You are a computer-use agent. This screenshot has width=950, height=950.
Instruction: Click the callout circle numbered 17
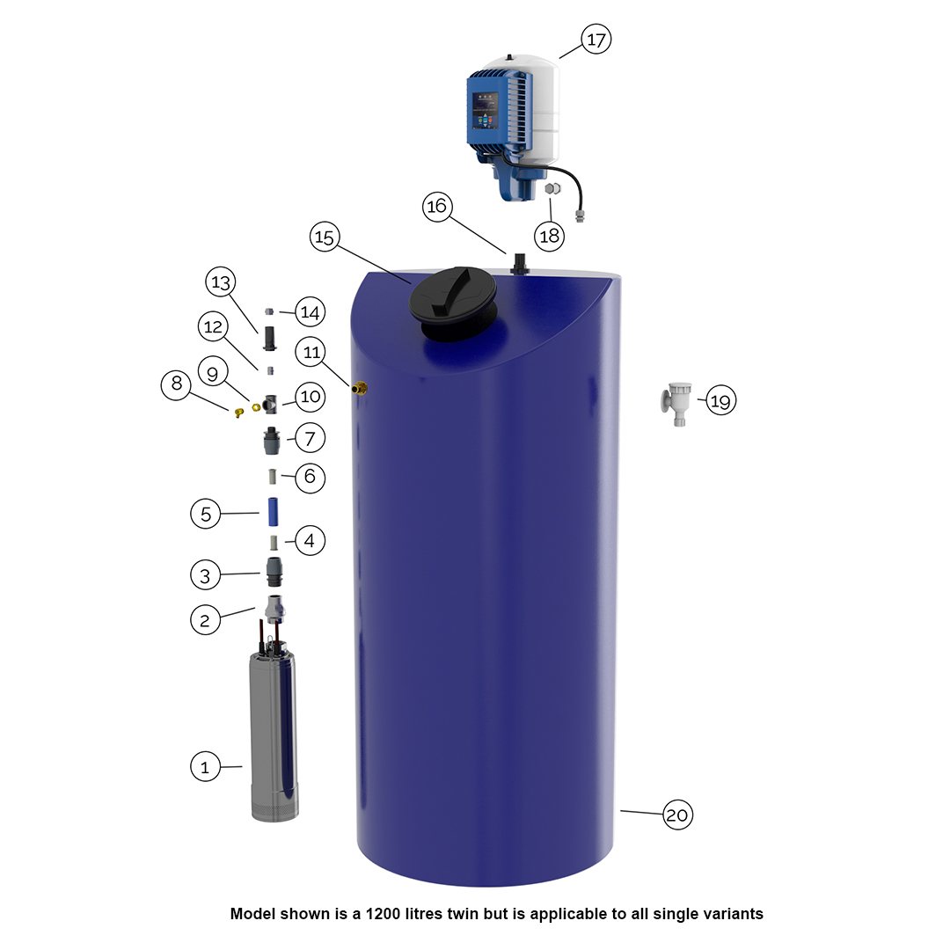tap(596, 40)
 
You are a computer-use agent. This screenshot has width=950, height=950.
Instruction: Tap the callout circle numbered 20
tap(676, 815)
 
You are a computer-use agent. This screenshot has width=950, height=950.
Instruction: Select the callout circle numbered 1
tap(205, 767)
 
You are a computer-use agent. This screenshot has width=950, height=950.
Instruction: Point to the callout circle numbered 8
tap(175, 384)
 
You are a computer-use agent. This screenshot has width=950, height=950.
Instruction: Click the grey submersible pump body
tap(274, 739)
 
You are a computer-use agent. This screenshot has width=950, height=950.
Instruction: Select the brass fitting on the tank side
tap(359, 387)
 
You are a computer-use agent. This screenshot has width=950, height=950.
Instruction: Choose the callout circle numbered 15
tap(325, 237)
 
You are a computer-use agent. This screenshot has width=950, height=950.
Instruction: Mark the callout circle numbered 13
tap(220, 283)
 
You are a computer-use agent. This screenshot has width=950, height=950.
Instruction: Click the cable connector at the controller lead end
tap(579, 214)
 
